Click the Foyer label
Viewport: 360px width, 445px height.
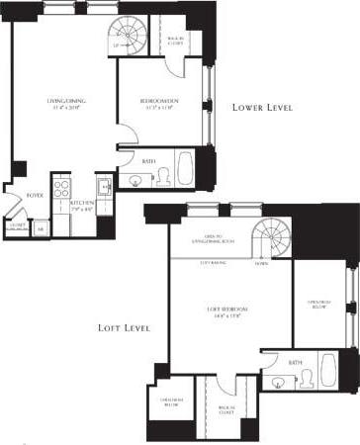pyautogui.click(x=35, y=196)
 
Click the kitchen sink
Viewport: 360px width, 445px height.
pyautogui.click(x=104, y=185)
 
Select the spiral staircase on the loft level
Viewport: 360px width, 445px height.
pyautogui.click(x=271, y=238)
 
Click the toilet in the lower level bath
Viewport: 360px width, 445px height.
pyautogui.click(x=162, y=177)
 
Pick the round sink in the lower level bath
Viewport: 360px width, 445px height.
pyautogui.click(x=135, y=181)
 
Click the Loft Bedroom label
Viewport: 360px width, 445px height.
pyautogui.click(x=227, y=312)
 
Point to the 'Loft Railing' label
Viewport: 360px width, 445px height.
pyautogui.click(x=213, y=261)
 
